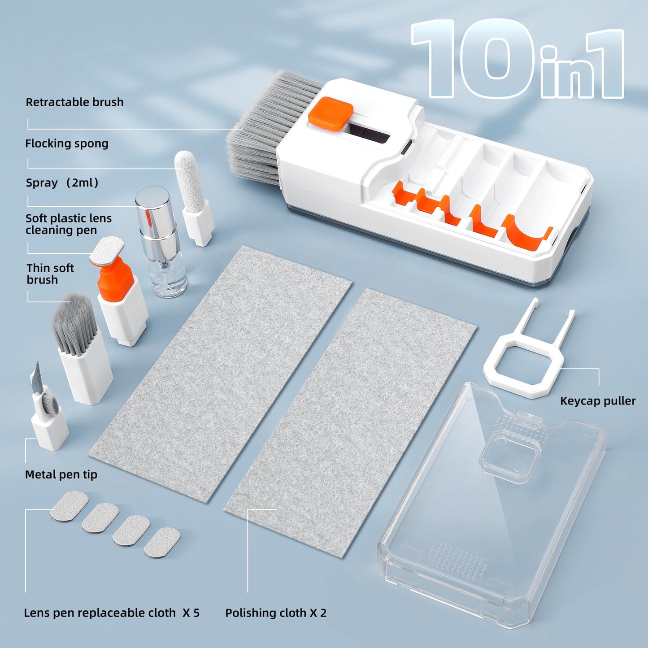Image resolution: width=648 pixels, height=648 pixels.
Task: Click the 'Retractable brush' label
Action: [x=74, y=102]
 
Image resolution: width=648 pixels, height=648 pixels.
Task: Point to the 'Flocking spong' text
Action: [x=67, y=144]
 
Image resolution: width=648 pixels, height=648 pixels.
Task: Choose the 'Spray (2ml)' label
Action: [x=62, y=183]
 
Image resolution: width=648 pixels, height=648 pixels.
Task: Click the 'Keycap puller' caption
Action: [x=597, y=401]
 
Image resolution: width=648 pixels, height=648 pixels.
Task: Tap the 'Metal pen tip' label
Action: [x=61, y=474]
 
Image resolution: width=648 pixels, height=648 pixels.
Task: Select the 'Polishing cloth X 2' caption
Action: [x=276, y=613]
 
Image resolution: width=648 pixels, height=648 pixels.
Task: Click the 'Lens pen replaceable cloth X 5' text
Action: [x=112, y=613]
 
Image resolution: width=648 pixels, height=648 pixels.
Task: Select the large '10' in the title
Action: [x=475, y=58]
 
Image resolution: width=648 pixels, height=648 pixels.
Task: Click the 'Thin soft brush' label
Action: [x=50, y=274]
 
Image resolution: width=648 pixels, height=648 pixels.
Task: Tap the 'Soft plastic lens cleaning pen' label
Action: [x=68, y=224]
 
